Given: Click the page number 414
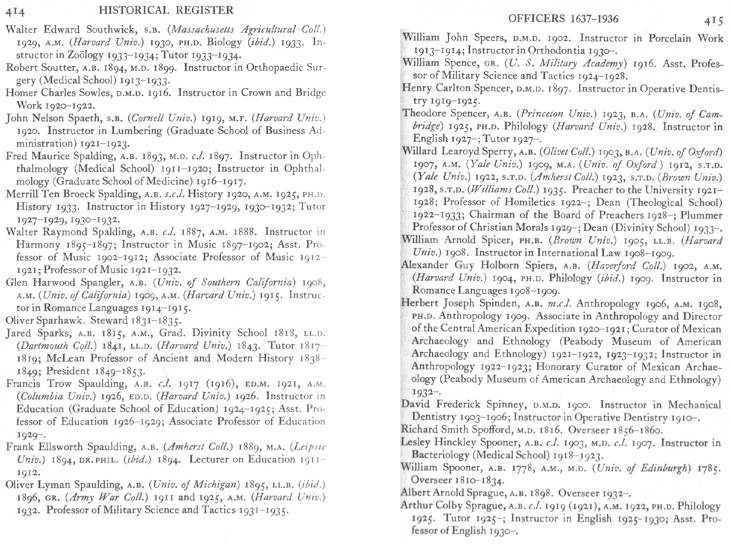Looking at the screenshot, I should point(15,12).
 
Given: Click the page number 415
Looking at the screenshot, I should point(713,21).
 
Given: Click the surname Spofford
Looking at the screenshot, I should point(493,430).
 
